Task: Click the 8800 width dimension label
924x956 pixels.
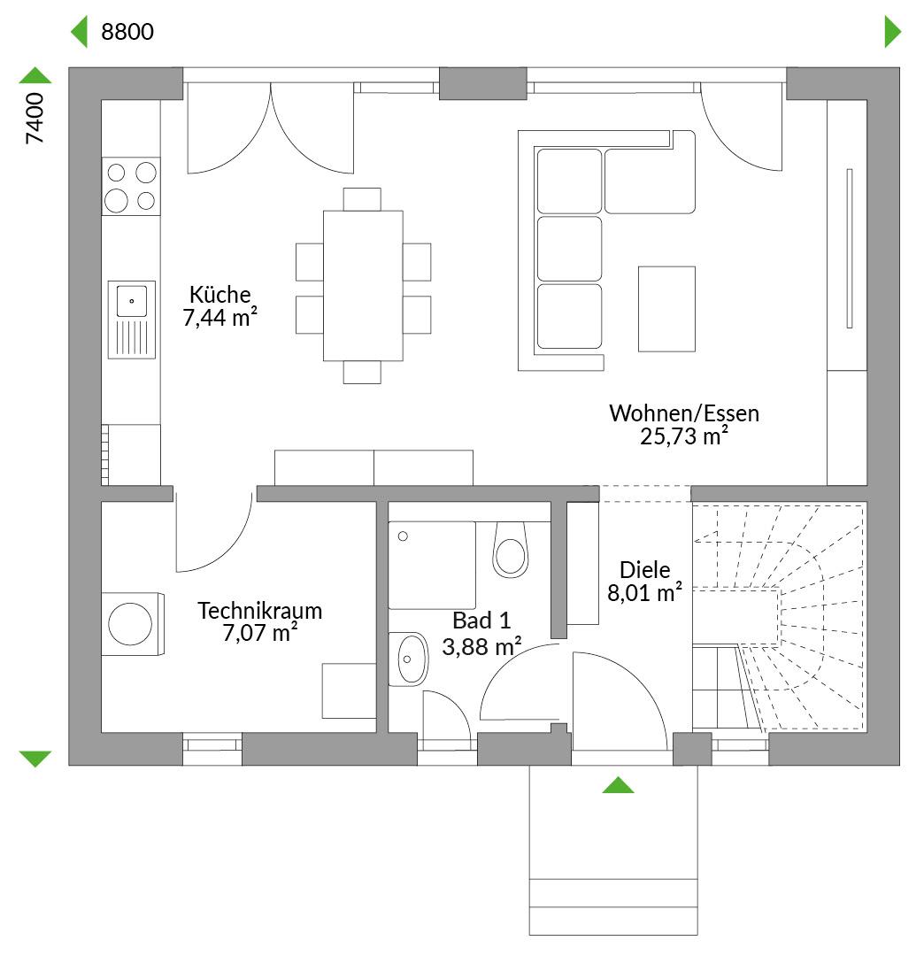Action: click(127, 32)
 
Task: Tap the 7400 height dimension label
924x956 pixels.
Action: click(35, 119)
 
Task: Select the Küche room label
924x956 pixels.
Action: click(220, 295)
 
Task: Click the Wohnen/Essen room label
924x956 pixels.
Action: click(684, 413)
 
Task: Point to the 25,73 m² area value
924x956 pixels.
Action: click(684, 436)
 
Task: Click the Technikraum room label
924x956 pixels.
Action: click(259, 610)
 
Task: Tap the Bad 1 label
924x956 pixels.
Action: click(481, 621)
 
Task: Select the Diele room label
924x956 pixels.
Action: click(645, 570)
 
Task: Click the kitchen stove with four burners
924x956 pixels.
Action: click(131, 186)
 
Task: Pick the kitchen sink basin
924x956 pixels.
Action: click(132, 301)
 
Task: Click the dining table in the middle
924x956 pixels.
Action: click(363, 285)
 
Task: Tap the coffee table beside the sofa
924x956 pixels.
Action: click(666, 309)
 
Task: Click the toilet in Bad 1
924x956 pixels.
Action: click(510, 550)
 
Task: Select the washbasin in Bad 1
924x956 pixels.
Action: click(410, 659)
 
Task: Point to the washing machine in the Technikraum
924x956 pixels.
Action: click(132, 624)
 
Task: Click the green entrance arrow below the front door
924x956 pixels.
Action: click(618, 785)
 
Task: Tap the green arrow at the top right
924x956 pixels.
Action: click(893, 32)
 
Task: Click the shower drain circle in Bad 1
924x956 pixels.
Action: click(403, 536)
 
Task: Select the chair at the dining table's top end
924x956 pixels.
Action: click(362, 199)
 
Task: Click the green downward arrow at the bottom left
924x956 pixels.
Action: click(35, 759)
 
